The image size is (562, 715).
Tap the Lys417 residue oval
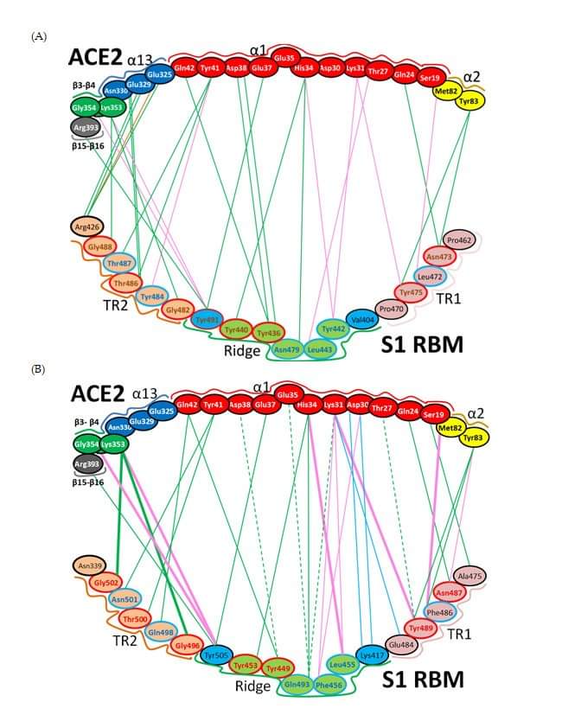[x=373, y=654]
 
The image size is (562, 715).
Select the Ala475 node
[x=470, y=576]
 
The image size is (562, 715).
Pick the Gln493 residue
[x=297, y=685]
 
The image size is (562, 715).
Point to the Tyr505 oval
[x=217, y=655]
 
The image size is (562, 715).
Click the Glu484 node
[x=402, y=644]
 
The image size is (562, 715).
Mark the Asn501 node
[x=125, y=600]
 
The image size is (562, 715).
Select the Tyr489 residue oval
[x=421, y=628]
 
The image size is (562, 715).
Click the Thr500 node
[x=136, y=619]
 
